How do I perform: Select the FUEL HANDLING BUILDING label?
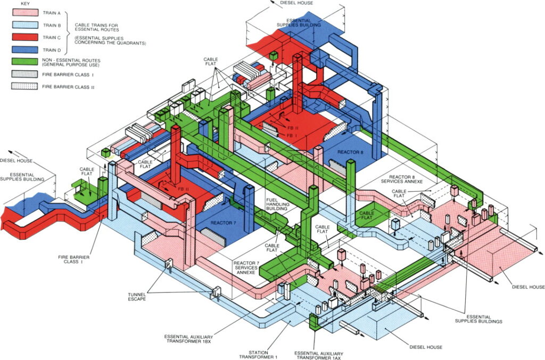coord(276,204)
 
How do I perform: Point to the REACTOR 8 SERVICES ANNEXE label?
coord(406,180)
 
